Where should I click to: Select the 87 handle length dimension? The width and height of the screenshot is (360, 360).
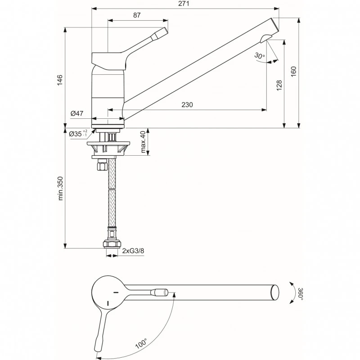(x=137, y=15)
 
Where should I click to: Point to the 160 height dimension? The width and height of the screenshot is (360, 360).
(x=293, y=72)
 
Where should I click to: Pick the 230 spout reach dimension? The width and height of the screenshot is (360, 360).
(x=187, y=104)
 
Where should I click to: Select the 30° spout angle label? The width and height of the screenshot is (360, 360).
(x=259, y=56)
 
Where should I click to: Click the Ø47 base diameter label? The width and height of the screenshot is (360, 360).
(x=77, y=114)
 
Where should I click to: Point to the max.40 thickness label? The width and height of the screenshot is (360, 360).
(x=143, y=142)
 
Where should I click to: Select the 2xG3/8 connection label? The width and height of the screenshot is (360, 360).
(x=132, y=251)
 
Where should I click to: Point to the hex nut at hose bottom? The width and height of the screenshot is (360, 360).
(x=112, y=244)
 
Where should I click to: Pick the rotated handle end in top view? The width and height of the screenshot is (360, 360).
(x=98, y=347)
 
